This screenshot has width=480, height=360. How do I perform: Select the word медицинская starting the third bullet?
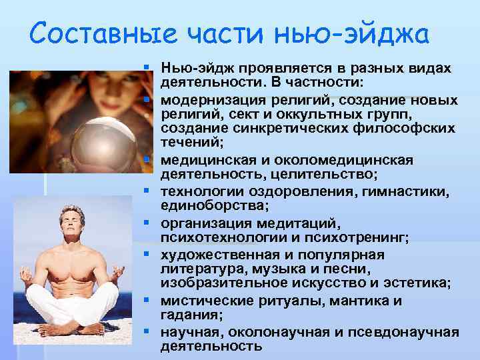pos(205,160)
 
